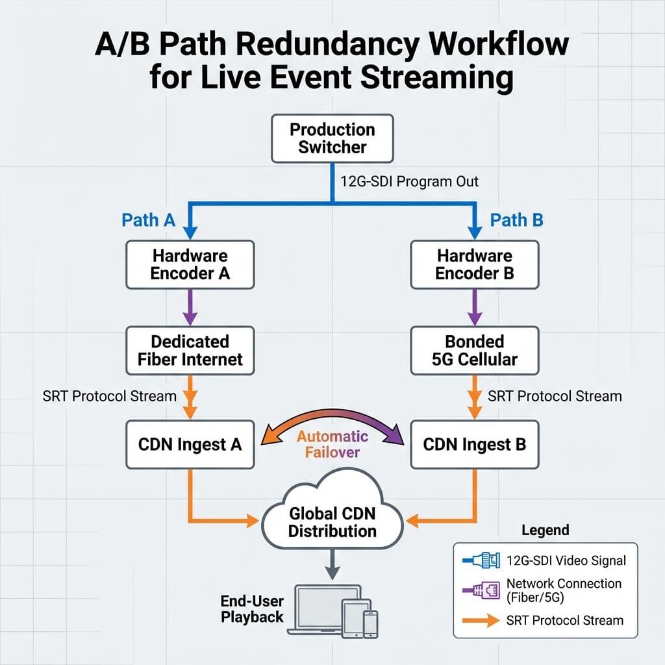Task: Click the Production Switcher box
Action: tap(332, 138)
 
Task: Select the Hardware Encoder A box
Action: tap(190, 264)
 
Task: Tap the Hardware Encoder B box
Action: tap(475, 264)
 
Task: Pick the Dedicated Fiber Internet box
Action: tap(190, 350)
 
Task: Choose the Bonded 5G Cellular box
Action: tap(475, 350)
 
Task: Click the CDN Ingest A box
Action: tap(190, 445)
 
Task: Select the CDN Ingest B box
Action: tap(475, 445)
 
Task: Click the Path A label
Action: tap(149, 220)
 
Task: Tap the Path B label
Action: tap(516, 220)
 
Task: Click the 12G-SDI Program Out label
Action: tap(409, 181)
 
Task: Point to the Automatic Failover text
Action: tap(332, 444)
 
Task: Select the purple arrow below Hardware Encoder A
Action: tap(190, 307)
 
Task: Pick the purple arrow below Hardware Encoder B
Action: tap(475, 307)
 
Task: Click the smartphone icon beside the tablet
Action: tap(370, 623)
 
